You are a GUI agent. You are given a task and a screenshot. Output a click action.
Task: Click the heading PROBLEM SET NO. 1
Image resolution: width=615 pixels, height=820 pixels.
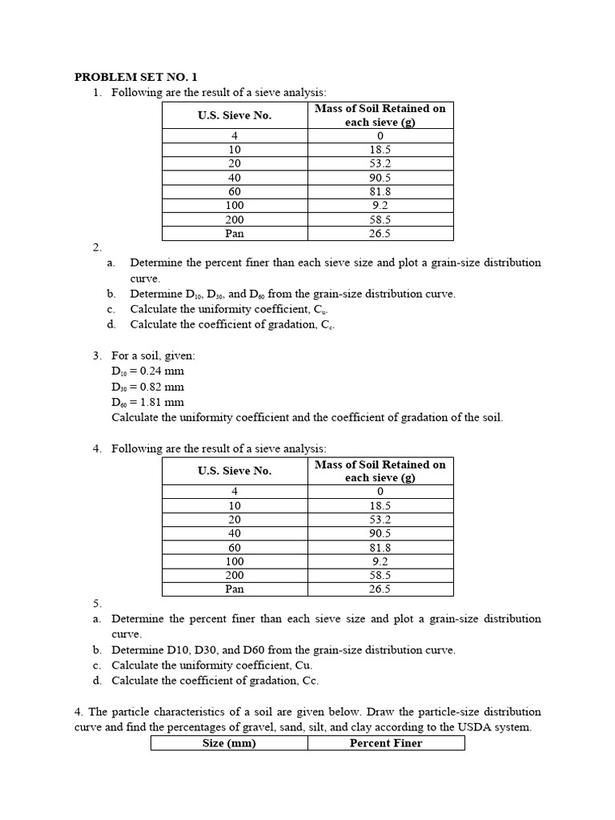point(135,78)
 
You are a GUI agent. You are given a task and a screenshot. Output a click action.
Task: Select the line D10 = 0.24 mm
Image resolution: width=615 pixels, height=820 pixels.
point(148,372)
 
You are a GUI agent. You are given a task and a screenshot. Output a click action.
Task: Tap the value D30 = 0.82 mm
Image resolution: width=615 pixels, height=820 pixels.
point(148,387)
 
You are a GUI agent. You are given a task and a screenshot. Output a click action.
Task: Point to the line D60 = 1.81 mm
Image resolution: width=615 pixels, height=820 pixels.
point(148,402)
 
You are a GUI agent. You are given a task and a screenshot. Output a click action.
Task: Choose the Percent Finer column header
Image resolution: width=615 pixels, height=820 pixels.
point(385,743)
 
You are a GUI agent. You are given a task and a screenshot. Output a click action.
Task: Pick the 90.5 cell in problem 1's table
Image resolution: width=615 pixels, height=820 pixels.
point(380,178)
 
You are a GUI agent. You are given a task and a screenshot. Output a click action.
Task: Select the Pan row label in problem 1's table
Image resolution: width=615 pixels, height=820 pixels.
point(235,234)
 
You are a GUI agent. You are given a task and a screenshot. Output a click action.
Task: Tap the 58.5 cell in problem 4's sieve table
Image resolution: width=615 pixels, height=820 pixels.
point(380,575)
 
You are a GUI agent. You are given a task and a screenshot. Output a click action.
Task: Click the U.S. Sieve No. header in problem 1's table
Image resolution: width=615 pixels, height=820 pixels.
point(235,115)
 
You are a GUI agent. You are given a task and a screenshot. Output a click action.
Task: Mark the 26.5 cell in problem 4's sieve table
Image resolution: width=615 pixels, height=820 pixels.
point(380,589)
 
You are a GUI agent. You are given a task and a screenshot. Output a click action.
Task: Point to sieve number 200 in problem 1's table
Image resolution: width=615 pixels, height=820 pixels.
point(235,219)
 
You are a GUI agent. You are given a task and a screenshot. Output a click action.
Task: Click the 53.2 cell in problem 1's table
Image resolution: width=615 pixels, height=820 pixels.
point(380,163)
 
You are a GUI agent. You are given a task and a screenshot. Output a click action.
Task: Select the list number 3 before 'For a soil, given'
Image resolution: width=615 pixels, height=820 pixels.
point(96,356)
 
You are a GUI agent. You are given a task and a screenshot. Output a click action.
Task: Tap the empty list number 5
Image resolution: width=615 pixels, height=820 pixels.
point(96,603)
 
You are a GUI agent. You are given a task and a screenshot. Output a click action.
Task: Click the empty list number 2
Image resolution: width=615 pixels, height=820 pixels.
point(96,247)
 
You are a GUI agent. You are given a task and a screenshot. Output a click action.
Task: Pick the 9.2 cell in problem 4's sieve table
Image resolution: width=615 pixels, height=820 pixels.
point(380,561)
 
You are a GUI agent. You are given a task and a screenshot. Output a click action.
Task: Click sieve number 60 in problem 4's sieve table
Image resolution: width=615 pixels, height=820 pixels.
point(235,548)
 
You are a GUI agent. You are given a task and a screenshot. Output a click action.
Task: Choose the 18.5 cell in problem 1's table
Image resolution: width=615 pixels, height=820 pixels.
point(380,150)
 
